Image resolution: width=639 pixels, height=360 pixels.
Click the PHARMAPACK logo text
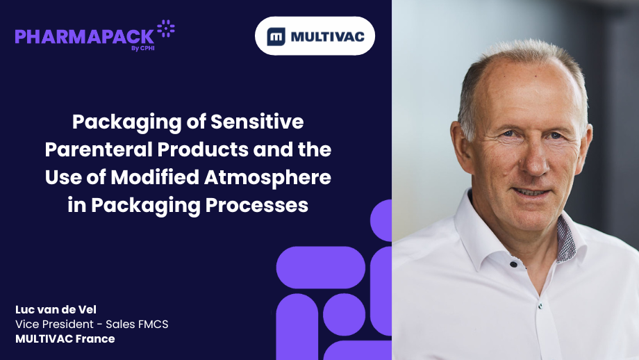tap(84, 37)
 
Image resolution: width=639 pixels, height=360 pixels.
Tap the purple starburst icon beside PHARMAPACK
tap(166, 29)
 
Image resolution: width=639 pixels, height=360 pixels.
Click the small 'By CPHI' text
tap(142, 48)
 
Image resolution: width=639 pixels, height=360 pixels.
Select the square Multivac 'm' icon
tap(276, 37)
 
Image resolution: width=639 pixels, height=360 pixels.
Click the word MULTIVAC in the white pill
tap(328, 37)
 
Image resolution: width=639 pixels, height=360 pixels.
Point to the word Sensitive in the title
tap(257, 122)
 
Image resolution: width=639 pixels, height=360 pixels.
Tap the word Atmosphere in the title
tap(267, 177)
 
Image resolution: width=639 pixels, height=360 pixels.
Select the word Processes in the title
tap(257, 204)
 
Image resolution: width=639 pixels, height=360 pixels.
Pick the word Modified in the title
tap(155, 177)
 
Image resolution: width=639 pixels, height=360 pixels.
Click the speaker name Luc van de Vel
tap(56, 309)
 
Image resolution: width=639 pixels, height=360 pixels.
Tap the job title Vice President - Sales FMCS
tap(92, 324)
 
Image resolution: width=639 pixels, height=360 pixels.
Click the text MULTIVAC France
tap(65, 338)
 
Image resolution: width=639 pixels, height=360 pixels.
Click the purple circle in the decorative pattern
tap(344, 314)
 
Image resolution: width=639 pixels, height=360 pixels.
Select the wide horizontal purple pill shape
tap(321, 268)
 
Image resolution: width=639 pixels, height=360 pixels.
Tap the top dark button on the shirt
tap(513, 265)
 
